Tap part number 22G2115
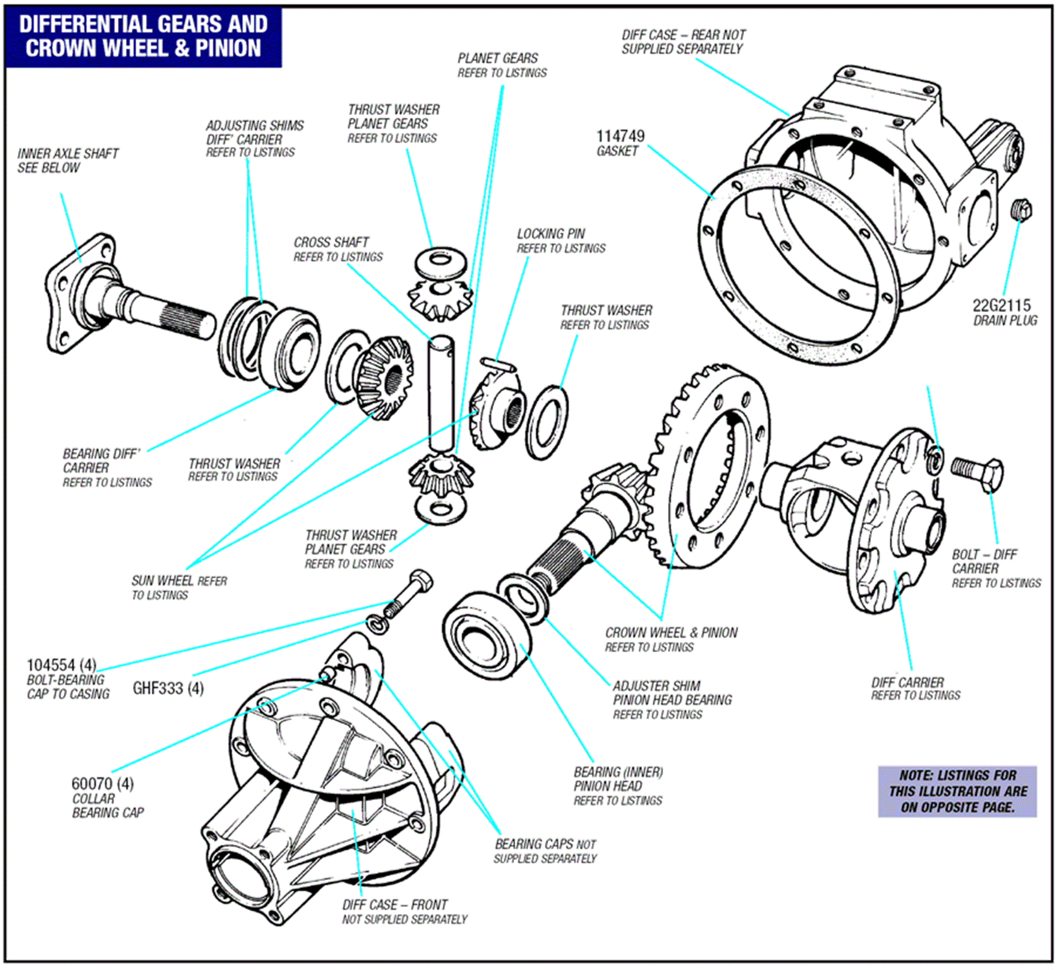point(1001,305)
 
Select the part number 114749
point(620,136)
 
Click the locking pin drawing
point(498,364)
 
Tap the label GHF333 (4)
point(168,689)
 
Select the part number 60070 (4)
point(102,784)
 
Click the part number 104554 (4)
point(61,665)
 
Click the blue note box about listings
point(957,792)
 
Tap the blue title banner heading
point(143,36)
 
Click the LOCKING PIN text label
point(551,234)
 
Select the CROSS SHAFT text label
point(331,242)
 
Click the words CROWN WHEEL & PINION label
point(671,633)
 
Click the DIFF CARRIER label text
point(907,683)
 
